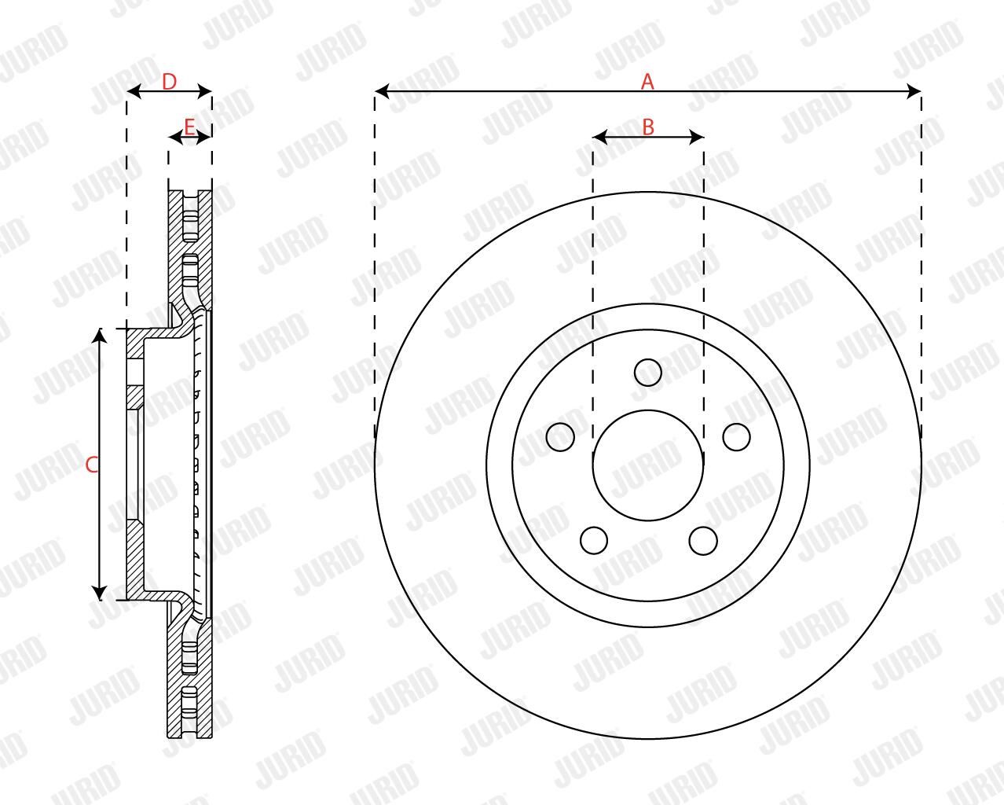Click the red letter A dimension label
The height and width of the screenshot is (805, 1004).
point(647,82)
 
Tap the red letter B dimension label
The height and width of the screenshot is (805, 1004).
point(648,127)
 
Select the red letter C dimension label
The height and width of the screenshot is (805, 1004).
point(92,465)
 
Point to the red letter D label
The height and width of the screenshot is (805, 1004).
point(170,83)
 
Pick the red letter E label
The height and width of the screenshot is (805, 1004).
point(189,127)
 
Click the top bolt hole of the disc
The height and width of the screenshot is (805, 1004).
point(648,373)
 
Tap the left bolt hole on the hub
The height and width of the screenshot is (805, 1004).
point(560,437)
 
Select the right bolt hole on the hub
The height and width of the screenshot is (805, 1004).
point(736,437)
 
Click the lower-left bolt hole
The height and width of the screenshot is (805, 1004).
point(594,540)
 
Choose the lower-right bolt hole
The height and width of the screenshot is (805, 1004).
point(702,541)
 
